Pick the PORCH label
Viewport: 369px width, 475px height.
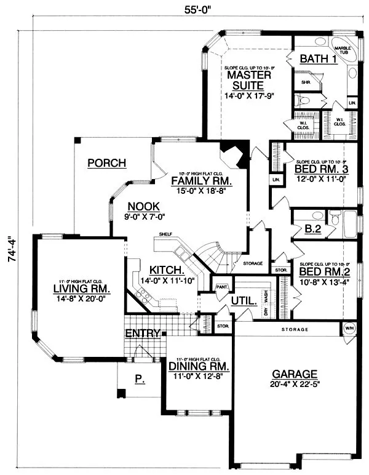[106, 163]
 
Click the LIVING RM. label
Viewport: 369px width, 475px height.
[81, 289]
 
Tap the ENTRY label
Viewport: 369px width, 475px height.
[143, 333]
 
